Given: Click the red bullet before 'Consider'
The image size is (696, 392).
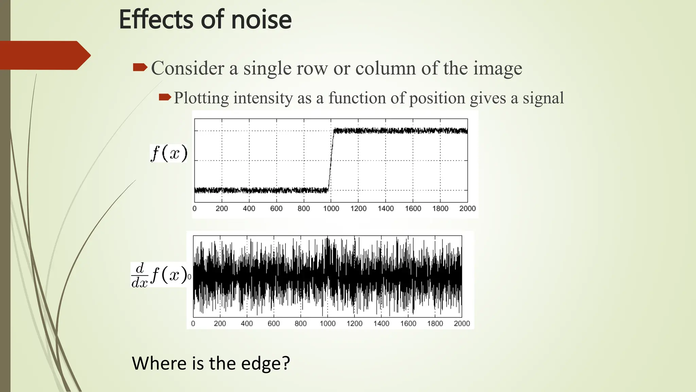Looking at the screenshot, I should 140,67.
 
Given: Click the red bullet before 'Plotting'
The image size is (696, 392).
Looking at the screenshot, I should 165,98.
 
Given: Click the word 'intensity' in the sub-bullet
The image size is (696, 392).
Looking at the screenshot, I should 263,98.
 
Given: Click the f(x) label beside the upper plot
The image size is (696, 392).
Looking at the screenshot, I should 169,153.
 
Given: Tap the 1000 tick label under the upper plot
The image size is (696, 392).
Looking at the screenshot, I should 331,209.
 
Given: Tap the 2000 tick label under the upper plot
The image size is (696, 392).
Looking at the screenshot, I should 467,209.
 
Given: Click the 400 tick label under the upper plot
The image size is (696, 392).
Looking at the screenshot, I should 249,209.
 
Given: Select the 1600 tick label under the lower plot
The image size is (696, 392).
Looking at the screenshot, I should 408,324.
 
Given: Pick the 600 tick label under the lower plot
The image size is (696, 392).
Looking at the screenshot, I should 274,324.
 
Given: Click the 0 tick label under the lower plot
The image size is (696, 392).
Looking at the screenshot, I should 193,324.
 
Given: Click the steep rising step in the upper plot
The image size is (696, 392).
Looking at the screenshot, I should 331,160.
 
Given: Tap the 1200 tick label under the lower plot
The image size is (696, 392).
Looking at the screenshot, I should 354,324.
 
